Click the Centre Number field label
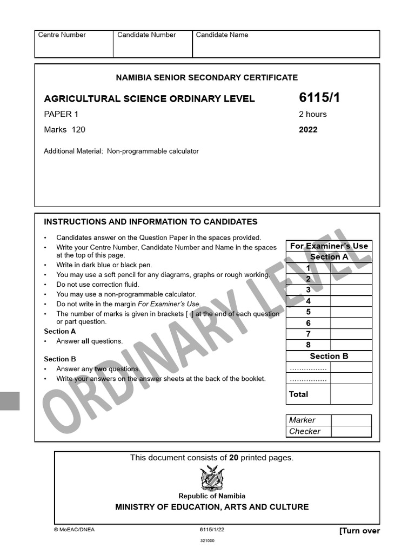(x=62, y=35)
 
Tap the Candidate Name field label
(x=222, y=35)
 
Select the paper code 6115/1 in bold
(x=319, y=98)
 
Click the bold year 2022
(x=308, y=130)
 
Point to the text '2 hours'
(x=312, y=114)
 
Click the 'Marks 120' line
(x=64, y=130)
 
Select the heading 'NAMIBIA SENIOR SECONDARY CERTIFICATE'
(x=206, y=78)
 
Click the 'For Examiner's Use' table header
(x=329, y=246)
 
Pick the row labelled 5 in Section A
(x=308, y=312)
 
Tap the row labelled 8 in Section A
(x=308, y=345)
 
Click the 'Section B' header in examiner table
(x=329, y=357)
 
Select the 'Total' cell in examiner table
(x=298, y=394)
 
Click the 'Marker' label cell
(x=302, y=420)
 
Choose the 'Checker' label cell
(x=304, y=432)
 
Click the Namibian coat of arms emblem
(x=212, y=478)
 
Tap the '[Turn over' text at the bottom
(x=359, y=531)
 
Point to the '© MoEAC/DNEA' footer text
(x=74, y=530)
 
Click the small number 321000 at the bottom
(x=207, y=540)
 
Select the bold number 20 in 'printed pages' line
(x=233, y=458)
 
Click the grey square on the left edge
(x=9, y=401)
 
